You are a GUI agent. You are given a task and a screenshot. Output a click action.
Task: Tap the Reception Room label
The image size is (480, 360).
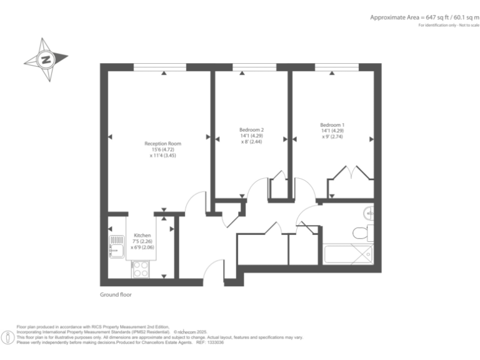coord(162,144)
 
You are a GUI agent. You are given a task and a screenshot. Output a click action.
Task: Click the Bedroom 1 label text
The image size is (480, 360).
coord(332,124)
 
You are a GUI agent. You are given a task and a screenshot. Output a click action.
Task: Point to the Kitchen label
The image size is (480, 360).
coord(142,236)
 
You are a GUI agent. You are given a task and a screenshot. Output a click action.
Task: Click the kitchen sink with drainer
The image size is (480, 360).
coord(116,246)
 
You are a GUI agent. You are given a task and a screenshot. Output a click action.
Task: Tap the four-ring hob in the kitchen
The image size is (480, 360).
coord(139,269)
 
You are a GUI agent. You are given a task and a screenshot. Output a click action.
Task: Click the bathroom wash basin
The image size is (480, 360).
coord(370,214)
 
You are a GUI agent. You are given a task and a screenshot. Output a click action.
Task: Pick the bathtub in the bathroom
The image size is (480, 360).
coord(348,256)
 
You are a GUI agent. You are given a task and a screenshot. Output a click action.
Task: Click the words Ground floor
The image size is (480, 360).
coord(116,294)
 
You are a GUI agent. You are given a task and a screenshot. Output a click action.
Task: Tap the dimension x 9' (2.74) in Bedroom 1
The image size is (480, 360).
coord(332,136)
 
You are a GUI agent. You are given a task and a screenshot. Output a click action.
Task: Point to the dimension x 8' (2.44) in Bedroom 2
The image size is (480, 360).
coord(251,142)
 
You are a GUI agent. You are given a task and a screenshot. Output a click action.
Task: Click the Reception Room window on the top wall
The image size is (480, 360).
coord(159,67)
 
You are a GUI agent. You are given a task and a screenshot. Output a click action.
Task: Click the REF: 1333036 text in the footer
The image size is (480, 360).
coord(210,342)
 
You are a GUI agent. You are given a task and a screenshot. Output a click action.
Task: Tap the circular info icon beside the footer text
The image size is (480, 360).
coord(7,338)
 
